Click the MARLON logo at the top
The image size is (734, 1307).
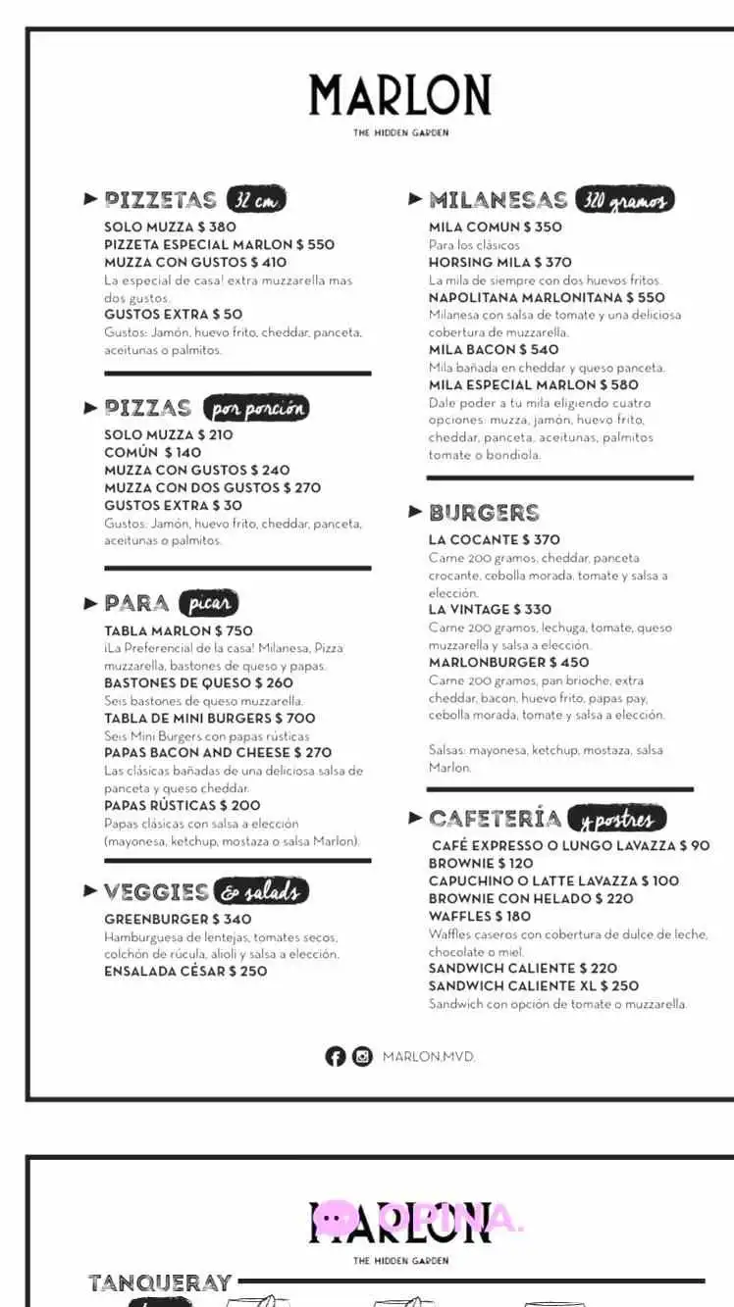[x=399, y=96]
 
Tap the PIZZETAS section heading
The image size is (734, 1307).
[x=160, y=200]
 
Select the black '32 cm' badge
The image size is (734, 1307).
[x=255, y=200]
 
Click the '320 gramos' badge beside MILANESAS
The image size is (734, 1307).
[x=624, y=200]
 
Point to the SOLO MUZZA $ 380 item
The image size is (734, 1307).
[x=170, y=226]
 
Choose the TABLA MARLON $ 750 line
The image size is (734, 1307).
[x=178, y=630]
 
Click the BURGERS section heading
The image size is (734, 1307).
[x=484, y=513]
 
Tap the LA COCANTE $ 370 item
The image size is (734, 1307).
[x=494, y=539]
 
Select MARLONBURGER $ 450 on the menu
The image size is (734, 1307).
[x=508, y=663]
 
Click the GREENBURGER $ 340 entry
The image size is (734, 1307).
[x=178, y=919]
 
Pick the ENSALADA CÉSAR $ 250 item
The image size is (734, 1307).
[x=185, y=971]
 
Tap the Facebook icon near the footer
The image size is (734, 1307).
[x=336, y=1056]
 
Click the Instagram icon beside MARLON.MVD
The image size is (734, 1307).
[x=363, y=1056]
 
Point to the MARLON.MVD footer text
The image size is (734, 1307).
[x=429, y=1056]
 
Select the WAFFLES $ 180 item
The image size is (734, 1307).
[x=479, y=916]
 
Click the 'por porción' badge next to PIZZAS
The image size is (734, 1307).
[x=255, y=408]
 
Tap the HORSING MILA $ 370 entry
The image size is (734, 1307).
[x=499, y=262]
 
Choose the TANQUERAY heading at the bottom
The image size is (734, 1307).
[x=160, y=1282]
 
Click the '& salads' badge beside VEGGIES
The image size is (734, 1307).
[x=261, y=891]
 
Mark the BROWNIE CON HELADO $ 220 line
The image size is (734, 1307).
[x=530, y=898]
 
